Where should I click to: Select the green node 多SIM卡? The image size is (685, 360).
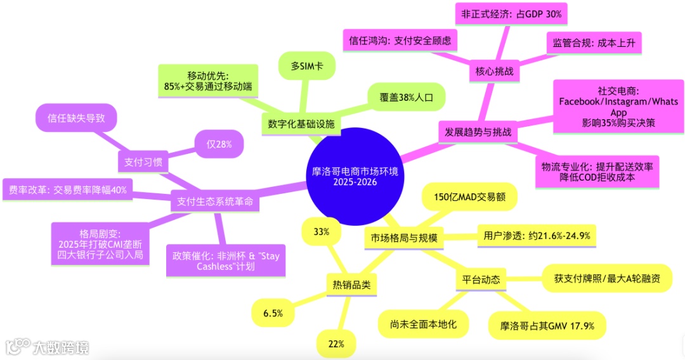[306, 66]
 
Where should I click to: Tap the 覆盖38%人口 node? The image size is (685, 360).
[406, 98]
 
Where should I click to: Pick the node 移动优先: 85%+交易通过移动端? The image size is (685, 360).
[209, 80]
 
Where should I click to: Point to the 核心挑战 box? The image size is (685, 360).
[493, 72]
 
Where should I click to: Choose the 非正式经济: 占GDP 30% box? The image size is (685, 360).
[511, 13]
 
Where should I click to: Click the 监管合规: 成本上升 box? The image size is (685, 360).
[594, 42]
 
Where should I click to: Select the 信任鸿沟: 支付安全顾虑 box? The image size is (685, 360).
[400, 41]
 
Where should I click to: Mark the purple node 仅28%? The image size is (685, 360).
[219, 144]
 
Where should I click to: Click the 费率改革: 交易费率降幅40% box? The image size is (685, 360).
[68, 190]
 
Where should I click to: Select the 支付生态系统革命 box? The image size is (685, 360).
[212, 202]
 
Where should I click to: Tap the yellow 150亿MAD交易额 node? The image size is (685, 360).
[469, 196]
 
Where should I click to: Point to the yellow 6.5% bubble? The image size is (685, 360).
[273, 313]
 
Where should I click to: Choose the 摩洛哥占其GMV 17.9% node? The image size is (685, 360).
[547, 326]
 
